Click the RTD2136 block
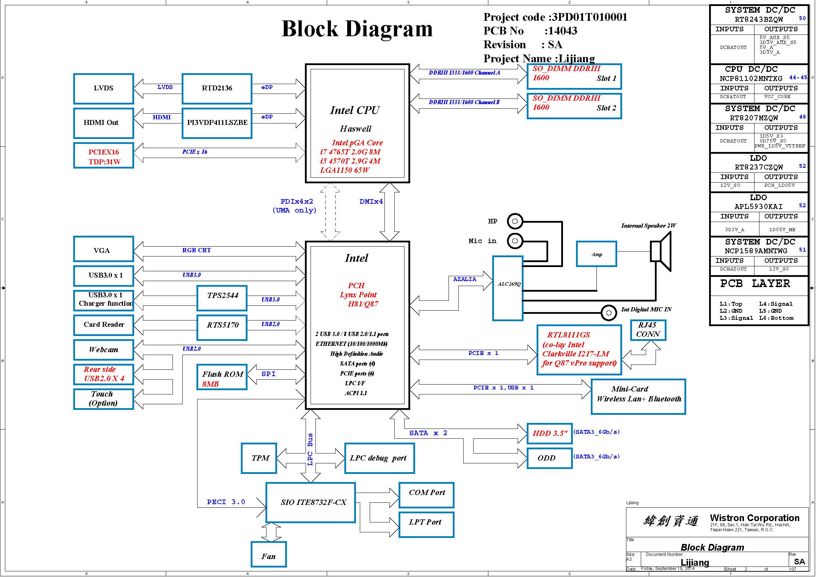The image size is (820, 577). click(x=217, y=89)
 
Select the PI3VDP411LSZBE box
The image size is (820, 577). click(x=217, y=123)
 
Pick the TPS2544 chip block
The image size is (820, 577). click(x=222, y=298)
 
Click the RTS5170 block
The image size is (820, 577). click(x=222, y=327)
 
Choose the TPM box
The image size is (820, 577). click(x=259, y=458)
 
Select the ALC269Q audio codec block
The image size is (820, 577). click(x=508, y=288)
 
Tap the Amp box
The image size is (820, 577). click(x=596, y=254)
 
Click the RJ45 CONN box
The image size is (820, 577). click(x=648, y=330)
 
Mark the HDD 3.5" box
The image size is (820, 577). click(x=550, y=433)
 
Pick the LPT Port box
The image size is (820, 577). click(x=426, y=525)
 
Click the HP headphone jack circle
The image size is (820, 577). click(x=515, y=221)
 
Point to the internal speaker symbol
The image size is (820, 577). click(x=662, y=251)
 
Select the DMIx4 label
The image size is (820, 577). click(x=371, y=202)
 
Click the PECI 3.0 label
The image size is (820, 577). click(x=226, y=502)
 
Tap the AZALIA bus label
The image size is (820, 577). click(x=465, y=279)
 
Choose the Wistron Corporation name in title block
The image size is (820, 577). click(x=755, y=518)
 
